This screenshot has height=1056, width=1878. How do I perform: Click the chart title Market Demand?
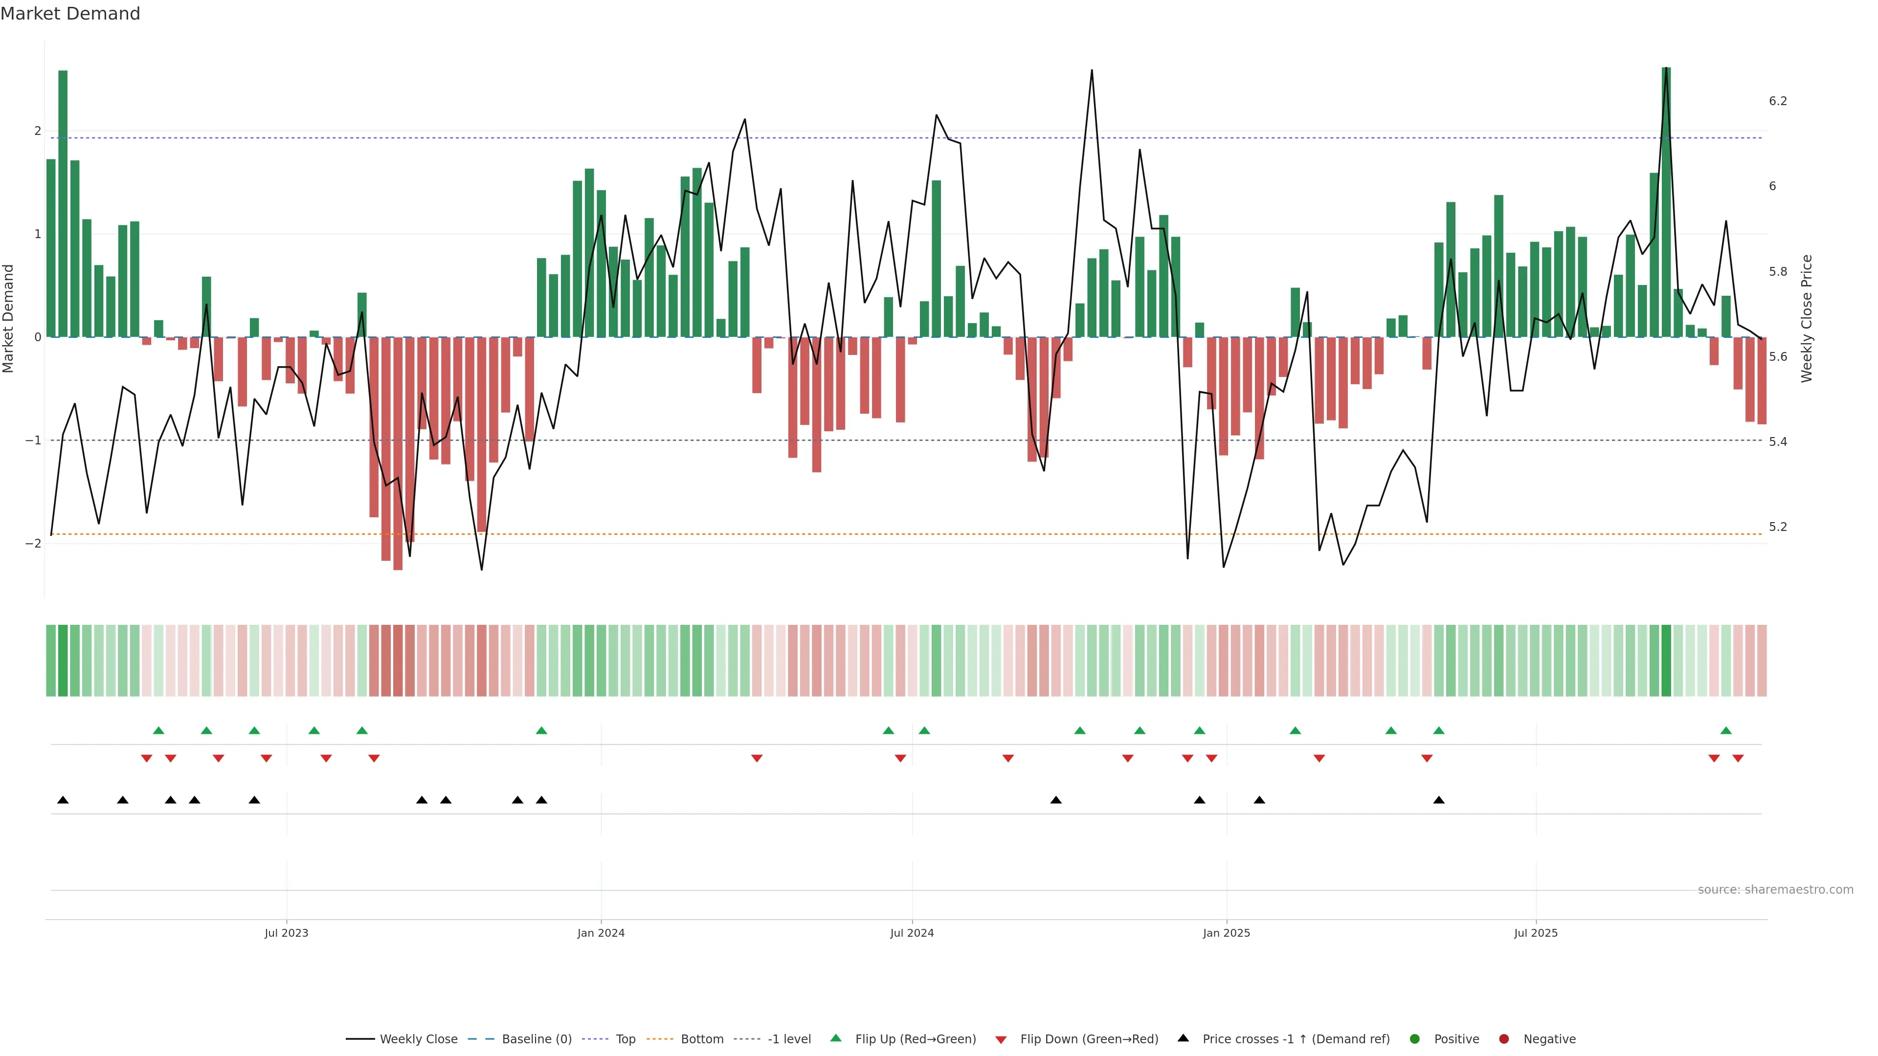tap(70, 14)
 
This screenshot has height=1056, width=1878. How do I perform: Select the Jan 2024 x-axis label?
tap(601, 933)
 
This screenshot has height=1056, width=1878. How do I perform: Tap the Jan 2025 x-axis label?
tap(1226, 933)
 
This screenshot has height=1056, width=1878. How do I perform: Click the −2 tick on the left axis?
tap(34, 544)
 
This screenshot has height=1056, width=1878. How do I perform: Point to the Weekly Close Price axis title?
tap(1806, 318)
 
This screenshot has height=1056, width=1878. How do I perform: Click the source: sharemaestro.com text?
tap(1775, 890)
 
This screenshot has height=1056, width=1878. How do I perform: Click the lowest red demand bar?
tap(397, 453)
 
